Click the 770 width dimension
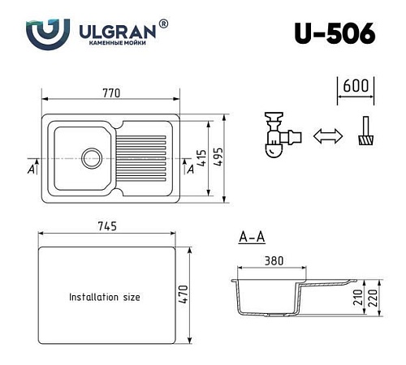click(113, 93)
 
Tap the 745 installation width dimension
click(107, 225)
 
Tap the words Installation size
click(104, 297)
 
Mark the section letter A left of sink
click(30, 169)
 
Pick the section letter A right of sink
click(189, 169)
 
